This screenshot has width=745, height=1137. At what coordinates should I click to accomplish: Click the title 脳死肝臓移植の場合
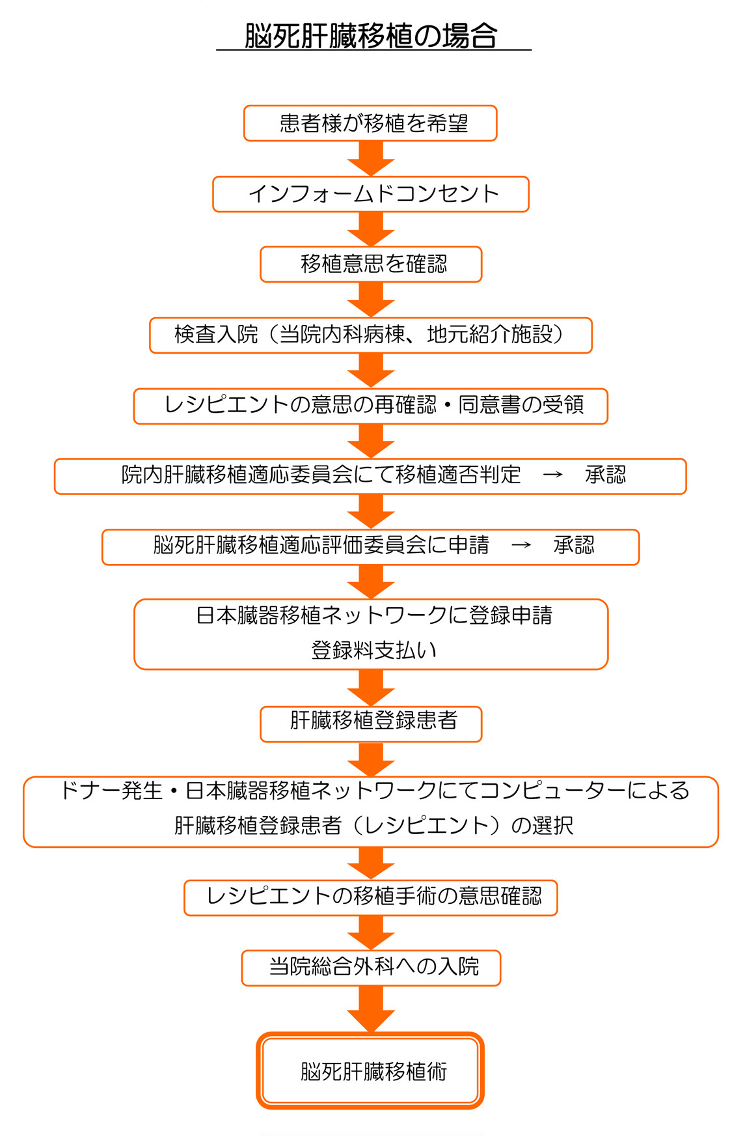point(371,36)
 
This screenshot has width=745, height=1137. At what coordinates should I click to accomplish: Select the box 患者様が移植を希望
point(370,123)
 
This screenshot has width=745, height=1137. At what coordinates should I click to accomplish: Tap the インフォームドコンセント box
point(370,194)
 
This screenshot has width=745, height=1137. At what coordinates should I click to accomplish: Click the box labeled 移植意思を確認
point(370,264)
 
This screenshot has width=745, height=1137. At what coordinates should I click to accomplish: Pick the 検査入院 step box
point(370,335)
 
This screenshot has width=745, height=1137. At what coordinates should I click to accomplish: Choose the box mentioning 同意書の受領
point(370,406)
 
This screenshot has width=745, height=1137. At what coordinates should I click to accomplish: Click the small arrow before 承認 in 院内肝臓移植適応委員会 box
point(552,475)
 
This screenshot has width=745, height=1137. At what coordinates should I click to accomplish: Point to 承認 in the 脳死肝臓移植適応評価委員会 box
point(573,546)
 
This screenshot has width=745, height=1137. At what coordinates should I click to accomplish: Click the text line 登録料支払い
point(373,650)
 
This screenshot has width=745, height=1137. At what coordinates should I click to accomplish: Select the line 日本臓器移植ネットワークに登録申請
point(373,615)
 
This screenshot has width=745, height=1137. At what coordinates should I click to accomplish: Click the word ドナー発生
point(111,791)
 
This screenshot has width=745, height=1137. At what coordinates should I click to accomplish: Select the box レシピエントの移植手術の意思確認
point(370,897)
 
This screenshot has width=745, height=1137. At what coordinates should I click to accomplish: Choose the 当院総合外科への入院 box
point(370,968)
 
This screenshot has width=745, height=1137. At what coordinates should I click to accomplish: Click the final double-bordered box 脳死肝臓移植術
point(370,1071)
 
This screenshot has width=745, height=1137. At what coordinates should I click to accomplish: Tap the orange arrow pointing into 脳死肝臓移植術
point(371,1009)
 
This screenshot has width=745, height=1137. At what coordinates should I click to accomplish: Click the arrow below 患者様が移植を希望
point(371,158)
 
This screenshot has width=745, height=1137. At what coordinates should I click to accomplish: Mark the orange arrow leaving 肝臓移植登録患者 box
point(371,759)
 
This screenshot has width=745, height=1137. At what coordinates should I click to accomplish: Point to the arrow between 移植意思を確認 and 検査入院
point(371,300)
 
